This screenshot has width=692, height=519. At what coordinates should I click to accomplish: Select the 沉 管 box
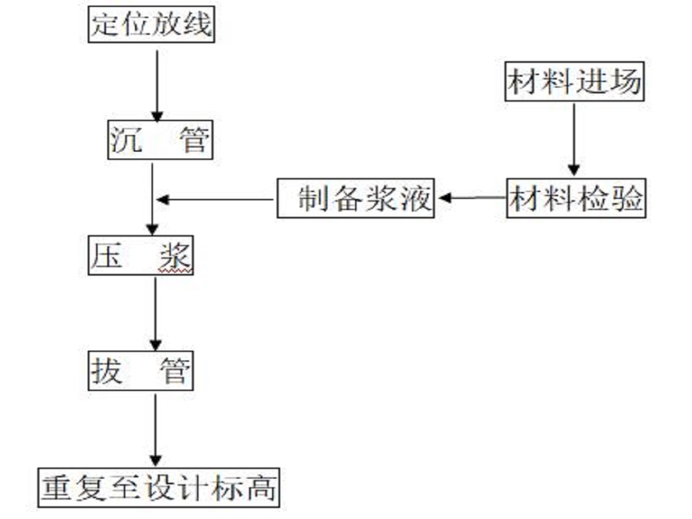pos(160,140)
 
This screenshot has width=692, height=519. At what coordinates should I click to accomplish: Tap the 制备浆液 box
pos(355,198)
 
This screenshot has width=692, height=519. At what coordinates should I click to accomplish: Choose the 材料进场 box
pos(574,82)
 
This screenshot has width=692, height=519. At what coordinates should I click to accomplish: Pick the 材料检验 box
pos(576,198)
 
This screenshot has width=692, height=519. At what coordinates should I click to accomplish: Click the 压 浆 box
pos(140,255)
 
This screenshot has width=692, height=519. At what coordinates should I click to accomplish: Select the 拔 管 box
pos(140,371)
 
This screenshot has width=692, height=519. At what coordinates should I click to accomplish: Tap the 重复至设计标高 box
pos(159,488)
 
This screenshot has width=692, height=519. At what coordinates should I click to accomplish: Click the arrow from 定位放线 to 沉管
pos(157,84)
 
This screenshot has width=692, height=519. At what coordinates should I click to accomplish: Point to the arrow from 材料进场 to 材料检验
pos(573,138)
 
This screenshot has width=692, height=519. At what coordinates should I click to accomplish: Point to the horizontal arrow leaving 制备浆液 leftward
pos(216,200)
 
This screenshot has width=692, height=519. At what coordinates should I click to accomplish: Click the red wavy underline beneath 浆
pos(175,269)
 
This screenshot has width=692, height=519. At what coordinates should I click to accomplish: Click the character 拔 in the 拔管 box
pos(107,371)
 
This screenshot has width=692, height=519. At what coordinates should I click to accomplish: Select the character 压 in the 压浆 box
pos(107,255)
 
